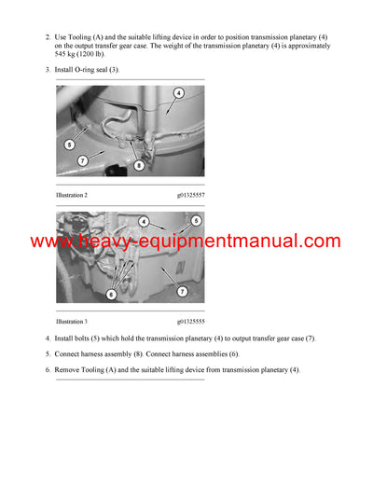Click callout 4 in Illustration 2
point(178,93)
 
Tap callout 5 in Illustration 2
point(70,145)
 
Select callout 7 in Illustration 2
point(83,160)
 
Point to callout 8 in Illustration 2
point(139,166)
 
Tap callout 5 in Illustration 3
point(196,221)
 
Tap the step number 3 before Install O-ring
point(47,71)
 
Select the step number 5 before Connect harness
point(47,354)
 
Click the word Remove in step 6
point(72,370)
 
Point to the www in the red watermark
point(53,241)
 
